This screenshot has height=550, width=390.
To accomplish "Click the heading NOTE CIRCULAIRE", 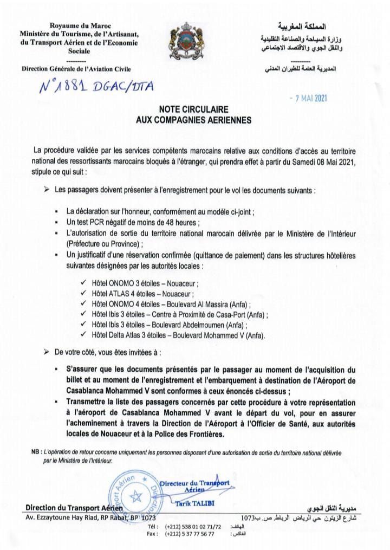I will (193, 110).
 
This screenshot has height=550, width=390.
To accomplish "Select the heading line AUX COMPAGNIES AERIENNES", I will (193, 120).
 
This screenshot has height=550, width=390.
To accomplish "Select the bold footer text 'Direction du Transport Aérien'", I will (75, 508).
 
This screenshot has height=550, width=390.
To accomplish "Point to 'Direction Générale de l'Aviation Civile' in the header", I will (76, 69).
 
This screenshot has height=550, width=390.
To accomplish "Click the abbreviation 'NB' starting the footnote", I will (36, 451).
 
